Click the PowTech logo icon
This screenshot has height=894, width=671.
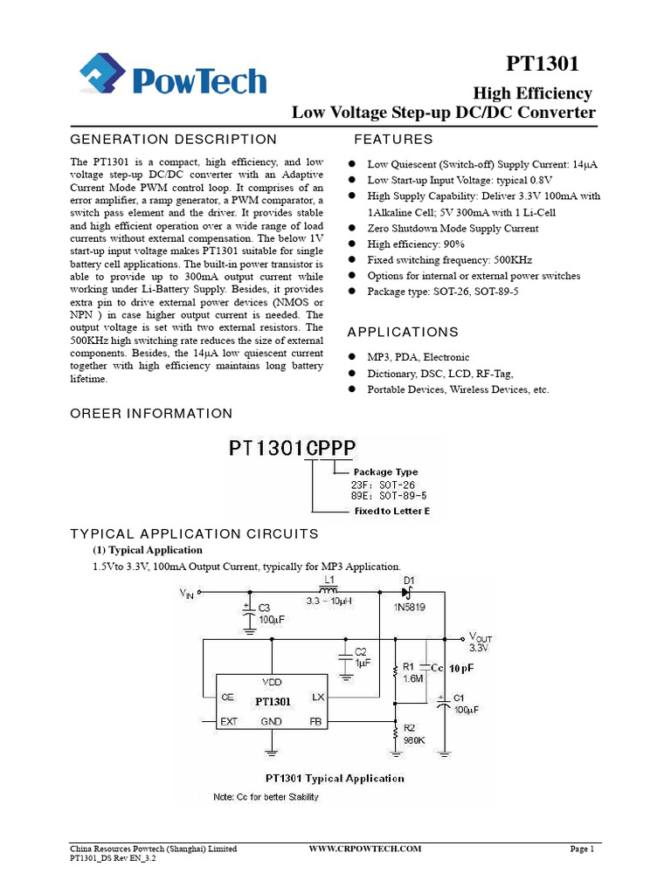(104, 76)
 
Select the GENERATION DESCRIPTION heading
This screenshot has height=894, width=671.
(173, 140)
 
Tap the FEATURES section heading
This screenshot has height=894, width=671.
(393, 140)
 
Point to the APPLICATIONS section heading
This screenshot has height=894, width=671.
(403, 332)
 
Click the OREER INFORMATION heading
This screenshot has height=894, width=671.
(151, 413)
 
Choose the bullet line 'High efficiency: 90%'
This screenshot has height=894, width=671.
(416, 244)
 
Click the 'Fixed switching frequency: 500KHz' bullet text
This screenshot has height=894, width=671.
(449, 260)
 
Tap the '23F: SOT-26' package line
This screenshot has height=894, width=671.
(377, 484)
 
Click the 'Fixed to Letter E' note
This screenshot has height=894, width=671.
(391, 511)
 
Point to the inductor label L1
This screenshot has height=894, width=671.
(329, 580)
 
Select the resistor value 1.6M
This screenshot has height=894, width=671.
(413, 677)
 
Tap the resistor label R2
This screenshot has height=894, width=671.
(410, 726)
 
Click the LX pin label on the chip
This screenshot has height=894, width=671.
(318, 698)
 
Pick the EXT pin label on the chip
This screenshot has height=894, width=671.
(229, 722)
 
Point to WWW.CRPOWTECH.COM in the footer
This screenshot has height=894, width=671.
(366, 849)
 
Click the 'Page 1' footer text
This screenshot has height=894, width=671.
(582, 849)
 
